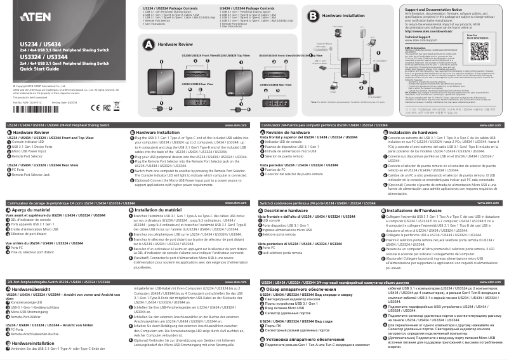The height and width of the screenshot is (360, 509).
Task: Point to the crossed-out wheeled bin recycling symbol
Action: click(69, 109)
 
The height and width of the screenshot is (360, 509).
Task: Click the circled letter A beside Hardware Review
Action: click(149, 45)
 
